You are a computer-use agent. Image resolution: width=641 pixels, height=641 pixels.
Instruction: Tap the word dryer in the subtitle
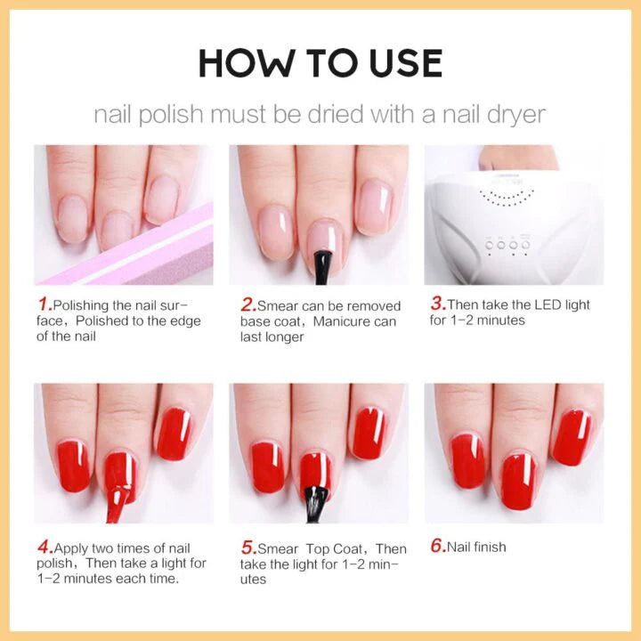(x=516, y=115)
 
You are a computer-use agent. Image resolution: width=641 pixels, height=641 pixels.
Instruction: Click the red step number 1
(x=45, y=304)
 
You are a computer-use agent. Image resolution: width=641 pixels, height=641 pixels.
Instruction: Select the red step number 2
(x=248, y=304)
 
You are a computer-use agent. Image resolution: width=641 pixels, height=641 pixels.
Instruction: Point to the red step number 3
(x=438, y=304)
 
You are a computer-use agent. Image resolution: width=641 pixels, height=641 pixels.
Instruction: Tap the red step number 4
(x=45, y=547)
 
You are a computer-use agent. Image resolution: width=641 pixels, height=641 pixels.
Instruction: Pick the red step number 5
(x=248, y=548)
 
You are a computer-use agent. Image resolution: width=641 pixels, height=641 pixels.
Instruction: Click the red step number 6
(x=438, y=546)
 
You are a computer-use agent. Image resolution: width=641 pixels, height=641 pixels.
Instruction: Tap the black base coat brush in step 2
(x=322, y=268)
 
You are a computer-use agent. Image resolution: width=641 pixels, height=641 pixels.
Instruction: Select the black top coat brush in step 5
(x=317, y=504)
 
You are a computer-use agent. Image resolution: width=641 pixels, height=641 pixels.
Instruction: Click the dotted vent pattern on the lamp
(x=507, y=197)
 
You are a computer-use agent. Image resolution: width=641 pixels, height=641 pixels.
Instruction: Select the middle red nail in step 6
(x=518, y=482)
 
